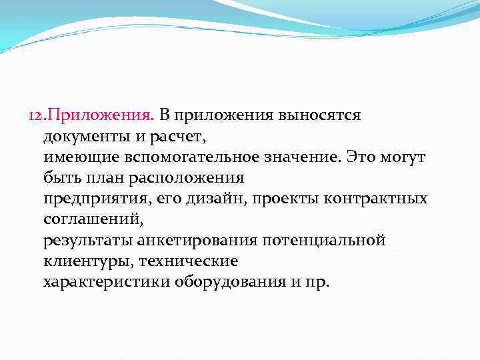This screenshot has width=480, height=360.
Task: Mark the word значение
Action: point(297,157)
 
